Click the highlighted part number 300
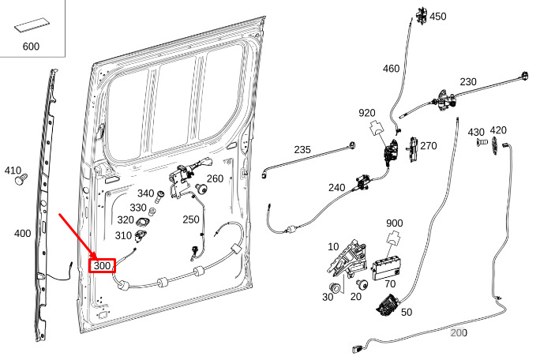tap(102, 265)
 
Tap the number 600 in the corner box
tap(31, 46)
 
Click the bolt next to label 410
tap(21, 179)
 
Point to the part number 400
tap(22, 234)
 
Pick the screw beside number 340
tap(159, 197)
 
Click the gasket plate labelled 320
tap(143, 222)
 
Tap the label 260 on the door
tap(215, 178)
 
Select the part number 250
tap(191, 219)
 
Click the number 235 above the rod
tap(302, 149)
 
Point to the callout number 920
tap(367, 113)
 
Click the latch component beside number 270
tap(413, 149)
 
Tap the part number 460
tap(391, 69)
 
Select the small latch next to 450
tap(422, 16)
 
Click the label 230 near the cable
tap(468, 81)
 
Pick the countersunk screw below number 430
tap(481, 141)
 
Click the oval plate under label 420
tap(495, 146)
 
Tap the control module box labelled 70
tap(386, 268)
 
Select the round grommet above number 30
tap(335, 287)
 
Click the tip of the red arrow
tap(96, 258)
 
